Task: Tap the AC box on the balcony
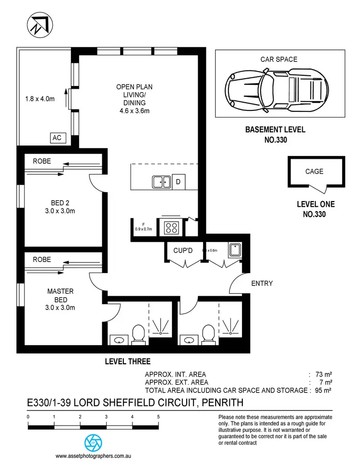click(57, 138)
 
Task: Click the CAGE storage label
click(314, 171)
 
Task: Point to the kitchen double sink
click(161, 182)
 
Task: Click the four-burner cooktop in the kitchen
click(172, 227)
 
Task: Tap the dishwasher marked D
click(178, 182)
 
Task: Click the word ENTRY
click(262, 284)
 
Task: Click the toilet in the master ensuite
click(139, 334)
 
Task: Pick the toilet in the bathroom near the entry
click(208, 334)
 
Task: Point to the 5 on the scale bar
click(158, 417)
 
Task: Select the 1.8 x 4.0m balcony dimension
click(40, 99)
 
